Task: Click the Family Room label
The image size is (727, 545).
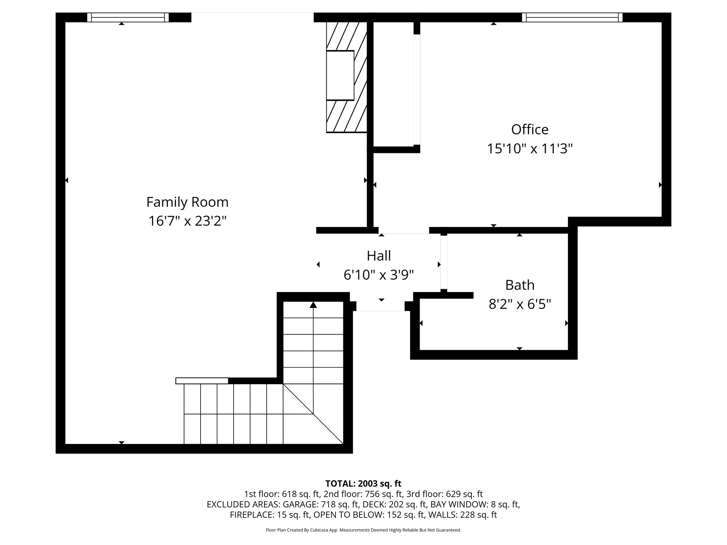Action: (187, 202)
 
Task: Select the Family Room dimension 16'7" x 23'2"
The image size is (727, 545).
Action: (187, 221)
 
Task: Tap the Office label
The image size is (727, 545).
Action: (529, 130)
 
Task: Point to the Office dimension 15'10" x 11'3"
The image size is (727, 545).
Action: (529, 148)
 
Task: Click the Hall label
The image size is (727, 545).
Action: (378, 256)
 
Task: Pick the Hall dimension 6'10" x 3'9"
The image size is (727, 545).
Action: (378, 275)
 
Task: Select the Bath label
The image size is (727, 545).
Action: (519, 285)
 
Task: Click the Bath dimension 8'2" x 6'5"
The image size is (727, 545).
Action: (519, 304)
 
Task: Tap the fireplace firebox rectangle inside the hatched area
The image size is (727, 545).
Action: (340, 75)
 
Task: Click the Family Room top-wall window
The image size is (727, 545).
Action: (128, 17)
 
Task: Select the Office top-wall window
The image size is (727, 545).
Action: (572, 17)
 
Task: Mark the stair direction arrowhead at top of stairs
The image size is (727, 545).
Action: (313, 305)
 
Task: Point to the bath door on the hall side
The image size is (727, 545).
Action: (443, 263)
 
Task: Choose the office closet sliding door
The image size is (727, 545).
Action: (417, 89)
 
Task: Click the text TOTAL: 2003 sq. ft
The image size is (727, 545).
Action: (363, 483)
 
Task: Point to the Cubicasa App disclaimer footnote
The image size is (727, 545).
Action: (363, 530)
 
